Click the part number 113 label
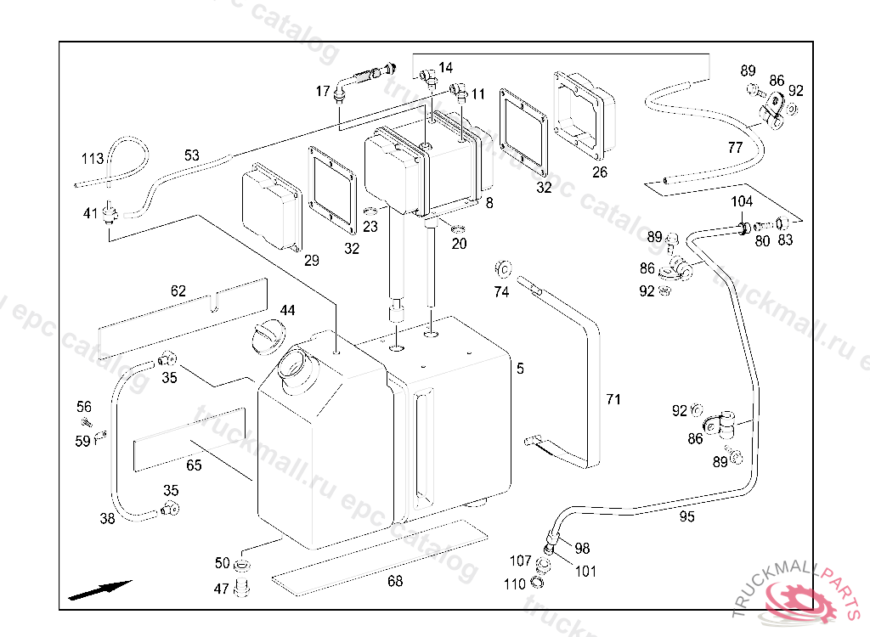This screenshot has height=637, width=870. coord(93,159)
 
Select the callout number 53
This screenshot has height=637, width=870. coord(192,155)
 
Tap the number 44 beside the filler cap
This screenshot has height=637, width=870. coord(288,311)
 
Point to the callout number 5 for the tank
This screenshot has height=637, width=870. coord(520,369)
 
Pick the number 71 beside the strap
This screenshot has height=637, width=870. coord(613,398)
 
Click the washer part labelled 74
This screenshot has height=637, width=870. coord(501,271)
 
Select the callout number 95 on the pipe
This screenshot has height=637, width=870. coord(686,516)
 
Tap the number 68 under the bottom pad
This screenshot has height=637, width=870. coord(395,581)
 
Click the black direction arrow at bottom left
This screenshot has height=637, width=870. coord(100,589)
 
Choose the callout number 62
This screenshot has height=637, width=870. coord(178,291)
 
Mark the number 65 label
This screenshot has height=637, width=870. coord(194,465)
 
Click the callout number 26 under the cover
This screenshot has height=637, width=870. coord(600,172)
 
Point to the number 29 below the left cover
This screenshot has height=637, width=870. coord(312,261)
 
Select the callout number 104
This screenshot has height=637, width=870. coord(743,201)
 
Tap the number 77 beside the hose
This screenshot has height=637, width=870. coord(735,148)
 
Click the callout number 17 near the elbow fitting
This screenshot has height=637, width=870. coord(323,91)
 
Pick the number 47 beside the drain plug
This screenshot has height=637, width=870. coord(222,589)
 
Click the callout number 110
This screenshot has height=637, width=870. coord(515,583)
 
